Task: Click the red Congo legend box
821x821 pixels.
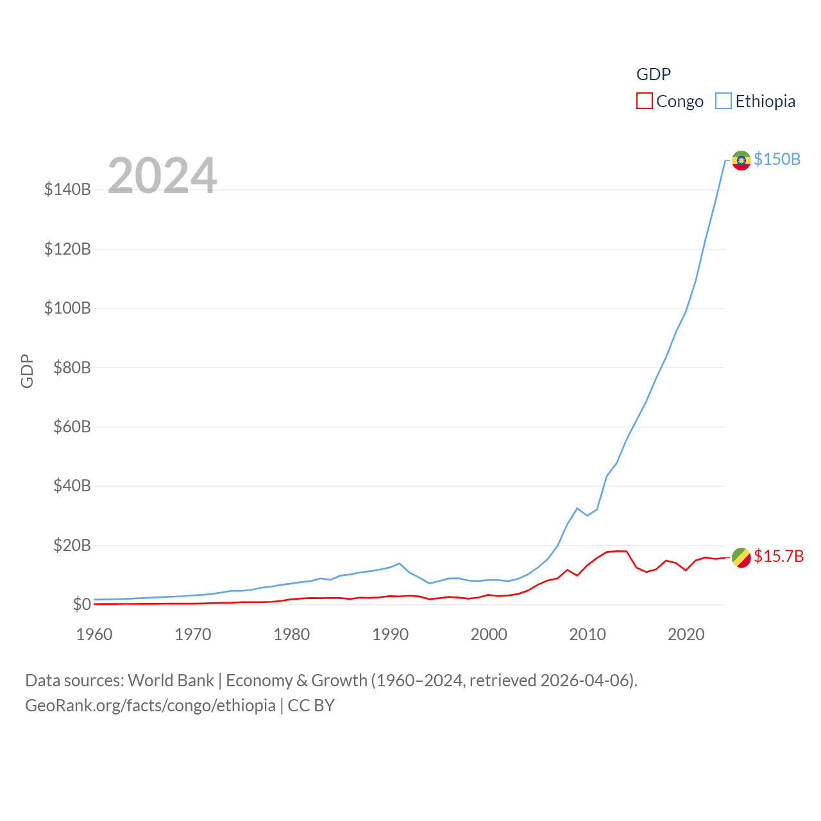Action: [644, 101]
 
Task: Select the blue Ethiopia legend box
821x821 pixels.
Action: [724, 101]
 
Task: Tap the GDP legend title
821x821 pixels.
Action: [653, 74]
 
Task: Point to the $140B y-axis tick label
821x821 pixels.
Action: [67, 189]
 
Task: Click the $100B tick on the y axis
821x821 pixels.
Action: [67, 308]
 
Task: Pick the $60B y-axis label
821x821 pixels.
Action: [72, 427]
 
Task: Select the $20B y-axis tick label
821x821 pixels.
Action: [72, 545]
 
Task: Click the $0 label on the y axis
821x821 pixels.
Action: [81, 604]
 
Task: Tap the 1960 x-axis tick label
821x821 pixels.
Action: [94, 634]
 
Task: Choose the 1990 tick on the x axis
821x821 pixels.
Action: [390, 634]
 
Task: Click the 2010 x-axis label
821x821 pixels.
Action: [588, 634]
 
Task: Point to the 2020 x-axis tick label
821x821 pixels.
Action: [686, 634]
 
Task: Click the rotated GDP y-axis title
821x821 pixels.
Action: [27, 371]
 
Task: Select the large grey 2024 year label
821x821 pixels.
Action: [162, 175]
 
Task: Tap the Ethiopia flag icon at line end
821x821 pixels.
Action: [741, 160]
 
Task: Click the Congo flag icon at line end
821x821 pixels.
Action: [741, 557]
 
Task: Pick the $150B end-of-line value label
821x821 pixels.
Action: [777, 159]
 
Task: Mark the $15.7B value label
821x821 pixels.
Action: [779, 556]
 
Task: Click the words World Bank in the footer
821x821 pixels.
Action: [171, 680]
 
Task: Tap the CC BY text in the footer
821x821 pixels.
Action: [311, 706]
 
